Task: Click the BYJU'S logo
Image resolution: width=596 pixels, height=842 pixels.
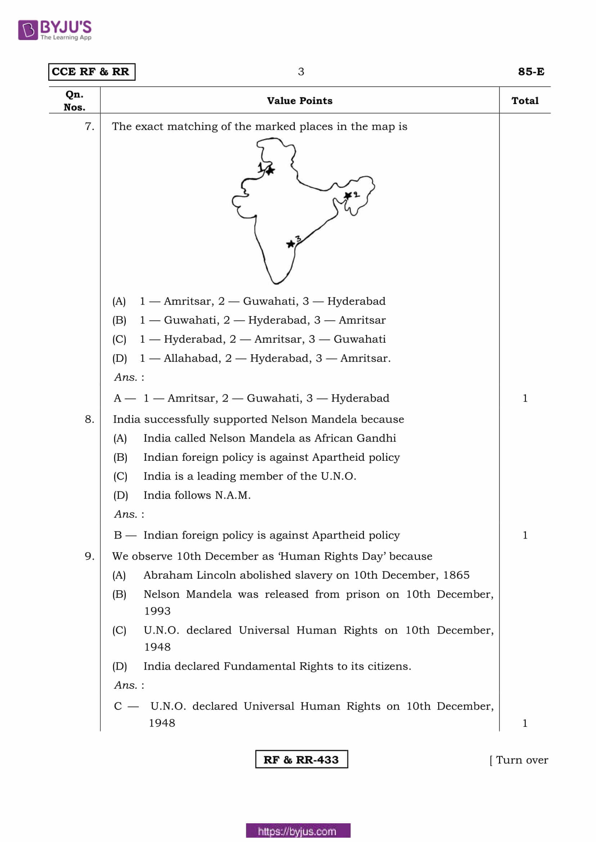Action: click(x=55, y=30)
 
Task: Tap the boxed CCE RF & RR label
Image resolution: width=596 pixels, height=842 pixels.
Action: click(x=92, y=72)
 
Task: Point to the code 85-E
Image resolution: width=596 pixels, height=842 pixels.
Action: click(x=531, y=72)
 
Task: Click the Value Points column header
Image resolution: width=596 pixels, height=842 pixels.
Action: click(x=299, y=100)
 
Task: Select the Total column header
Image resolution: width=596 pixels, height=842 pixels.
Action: click(x=525, y=100)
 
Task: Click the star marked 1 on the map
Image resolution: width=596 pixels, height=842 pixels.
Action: click(x=271, y=171)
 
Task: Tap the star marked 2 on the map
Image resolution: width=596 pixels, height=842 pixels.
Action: click(x=347, y=195)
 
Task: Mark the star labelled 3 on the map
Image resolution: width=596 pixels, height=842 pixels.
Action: click(x=290, y=244)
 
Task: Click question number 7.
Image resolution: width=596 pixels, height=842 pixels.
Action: click(x=89, y=126)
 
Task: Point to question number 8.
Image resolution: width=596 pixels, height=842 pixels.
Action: click(x=89, y=419)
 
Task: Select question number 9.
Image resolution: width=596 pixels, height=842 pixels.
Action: click(x=89, y=556)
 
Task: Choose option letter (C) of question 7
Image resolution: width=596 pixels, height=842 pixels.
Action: click(x=119, y=339)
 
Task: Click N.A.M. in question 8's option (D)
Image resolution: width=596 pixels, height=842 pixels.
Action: click(x=233, y=495)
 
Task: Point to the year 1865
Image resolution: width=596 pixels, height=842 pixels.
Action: click(x=456, y=575)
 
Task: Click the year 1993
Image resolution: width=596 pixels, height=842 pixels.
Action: click(x=157, y=611)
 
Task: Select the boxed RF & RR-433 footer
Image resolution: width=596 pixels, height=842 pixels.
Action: click(x=301, y=760)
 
